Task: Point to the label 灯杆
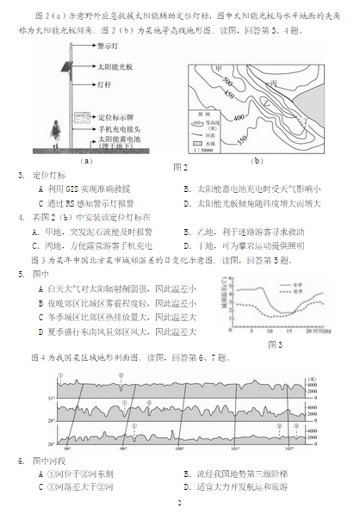click(105, 85)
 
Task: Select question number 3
click(21, 176)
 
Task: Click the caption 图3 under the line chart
click(275, 344)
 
